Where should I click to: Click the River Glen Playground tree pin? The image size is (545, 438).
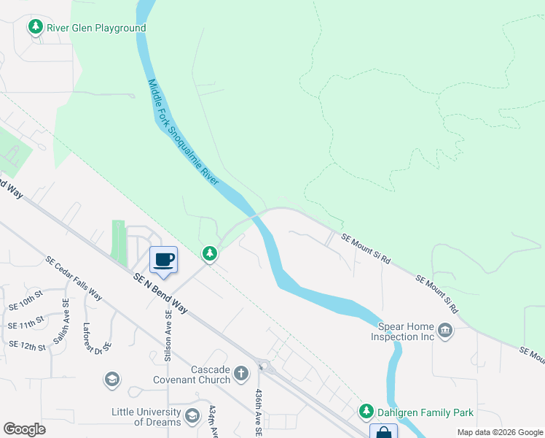click(35, 28)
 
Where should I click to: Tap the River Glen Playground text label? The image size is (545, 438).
click(96, 28)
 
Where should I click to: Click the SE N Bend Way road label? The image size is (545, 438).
click(160, 293)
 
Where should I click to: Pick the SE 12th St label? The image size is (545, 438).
click(26, 346)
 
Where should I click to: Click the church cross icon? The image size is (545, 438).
click(243, 374)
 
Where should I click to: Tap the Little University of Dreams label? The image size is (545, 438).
click(146, 417)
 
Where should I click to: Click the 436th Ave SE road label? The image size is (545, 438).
click(258, 412)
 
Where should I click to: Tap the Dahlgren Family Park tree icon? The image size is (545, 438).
click(366, 413)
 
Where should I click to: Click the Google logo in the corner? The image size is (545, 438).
click(24, 429)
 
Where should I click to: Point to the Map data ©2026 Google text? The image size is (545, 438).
click(499, 432)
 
